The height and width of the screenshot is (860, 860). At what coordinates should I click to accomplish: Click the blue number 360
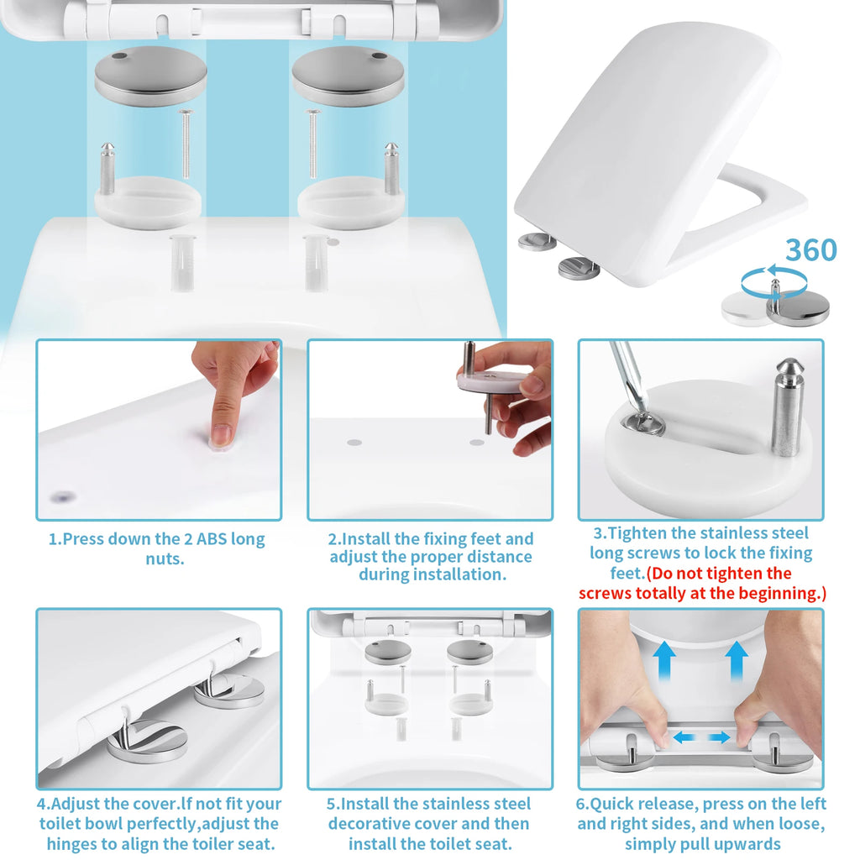(810, 250)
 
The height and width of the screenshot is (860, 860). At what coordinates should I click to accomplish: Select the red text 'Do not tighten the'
(719, 574)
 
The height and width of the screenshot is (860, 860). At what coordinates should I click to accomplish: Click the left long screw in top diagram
(185, 143)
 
